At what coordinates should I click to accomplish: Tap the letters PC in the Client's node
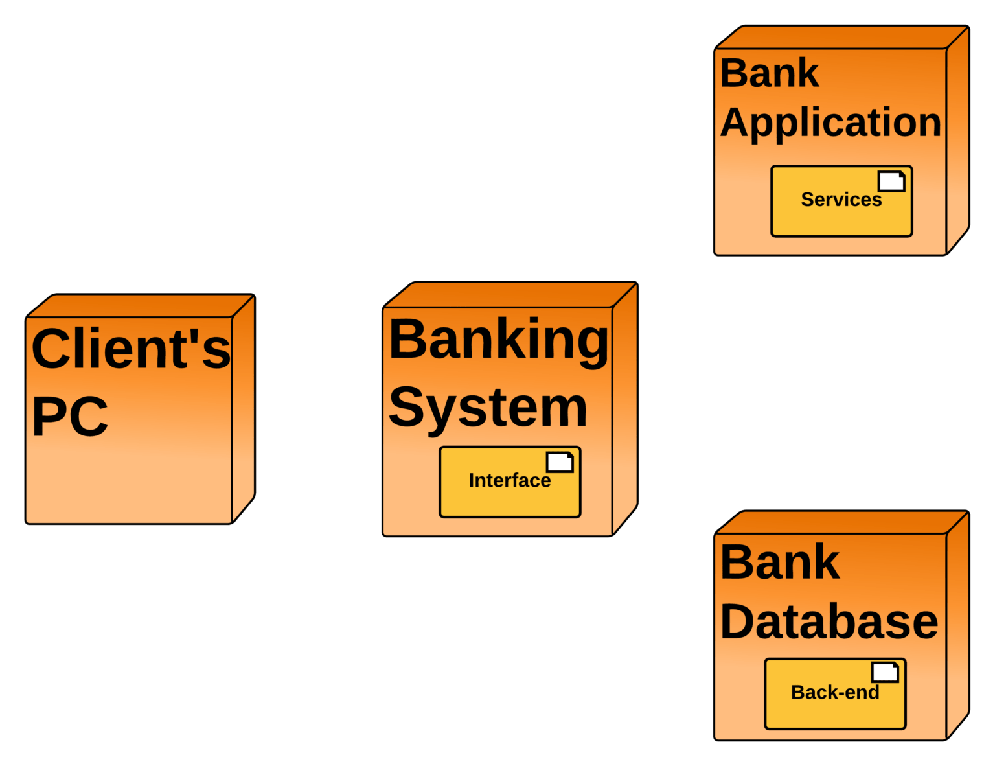click(x=70, y=417)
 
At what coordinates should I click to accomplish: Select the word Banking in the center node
click(x=498, y=340)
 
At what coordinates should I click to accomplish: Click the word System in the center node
click(x=488, y=408)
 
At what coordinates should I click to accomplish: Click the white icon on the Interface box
click(x=560, y=462)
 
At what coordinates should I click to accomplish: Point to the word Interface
click(x=509, y=481)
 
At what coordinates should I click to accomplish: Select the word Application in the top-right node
click(x=830, y=122)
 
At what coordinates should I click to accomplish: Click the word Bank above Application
click(x=770, y=73)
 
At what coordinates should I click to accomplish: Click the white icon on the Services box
click(x=891, y=181)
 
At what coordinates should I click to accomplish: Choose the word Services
click(x=841, y=200)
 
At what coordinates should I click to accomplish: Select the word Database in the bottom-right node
click(x=829, y=621)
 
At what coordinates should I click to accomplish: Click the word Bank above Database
click(x=780, y=562)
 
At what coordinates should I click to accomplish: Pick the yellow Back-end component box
click(x=803, y=713)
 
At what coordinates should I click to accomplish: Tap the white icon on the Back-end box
click(x=885, y=673)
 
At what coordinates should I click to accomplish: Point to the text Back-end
click(x=835, y=693)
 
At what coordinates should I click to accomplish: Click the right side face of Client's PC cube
click(x=244, y=408)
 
